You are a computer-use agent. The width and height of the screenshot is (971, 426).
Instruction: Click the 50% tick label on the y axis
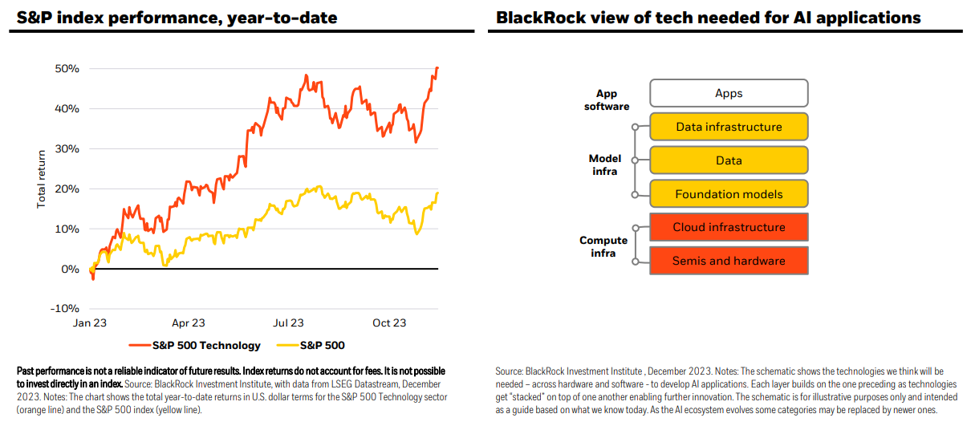(67, 68)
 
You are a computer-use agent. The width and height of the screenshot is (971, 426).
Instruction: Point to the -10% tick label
(64, 309)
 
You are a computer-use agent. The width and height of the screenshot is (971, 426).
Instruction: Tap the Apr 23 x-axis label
(188, 323)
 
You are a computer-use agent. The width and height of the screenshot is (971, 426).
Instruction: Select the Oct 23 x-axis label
(389, 323)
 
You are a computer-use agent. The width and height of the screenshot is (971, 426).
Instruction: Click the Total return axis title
(41, 180)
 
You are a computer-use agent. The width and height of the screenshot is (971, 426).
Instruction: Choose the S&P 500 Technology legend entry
(195, 346)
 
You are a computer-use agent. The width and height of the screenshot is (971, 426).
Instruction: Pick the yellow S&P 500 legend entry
(311, 346)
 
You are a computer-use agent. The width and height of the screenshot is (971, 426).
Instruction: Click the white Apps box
(729, 93)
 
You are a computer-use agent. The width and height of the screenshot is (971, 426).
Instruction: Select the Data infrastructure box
(729, 127)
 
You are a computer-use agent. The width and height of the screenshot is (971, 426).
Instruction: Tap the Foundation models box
(729, 193)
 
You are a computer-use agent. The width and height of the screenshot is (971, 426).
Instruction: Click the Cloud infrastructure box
(729, 227)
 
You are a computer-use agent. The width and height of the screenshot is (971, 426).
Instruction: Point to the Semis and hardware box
(729, 261)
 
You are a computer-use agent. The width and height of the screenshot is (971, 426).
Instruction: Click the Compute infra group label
(603, 246)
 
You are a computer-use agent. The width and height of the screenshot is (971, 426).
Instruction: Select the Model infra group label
(605, 164)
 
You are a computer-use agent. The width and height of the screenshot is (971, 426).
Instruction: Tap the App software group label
(607, 99)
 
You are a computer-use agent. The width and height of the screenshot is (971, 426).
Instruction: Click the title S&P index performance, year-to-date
(177, 18)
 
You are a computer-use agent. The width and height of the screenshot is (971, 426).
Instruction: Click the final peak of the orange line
(437, 67)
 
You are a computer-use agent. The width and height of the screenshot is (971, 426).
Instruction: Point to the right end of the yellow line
(438, 193)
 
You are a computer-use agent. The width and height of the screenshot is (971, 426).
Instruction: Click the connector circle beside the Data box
(635, 160)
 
